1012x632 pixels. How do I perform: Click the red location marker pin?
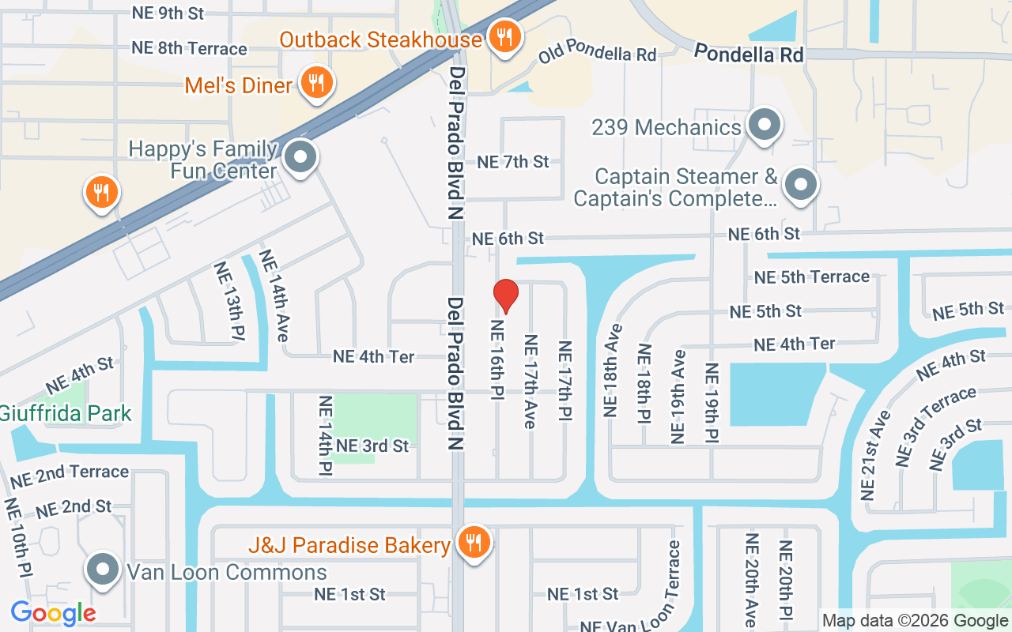tap(506, 295)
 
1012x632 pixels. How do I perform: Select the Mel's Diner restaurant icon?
tap(316, 83)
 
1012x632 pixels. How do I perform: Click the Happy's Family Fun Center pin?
tap(300, 157)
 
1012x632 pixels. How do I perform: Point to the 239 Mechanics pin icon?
tap(764, 125)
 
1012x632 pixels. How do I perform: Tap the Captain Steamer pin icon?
tap(800, 185)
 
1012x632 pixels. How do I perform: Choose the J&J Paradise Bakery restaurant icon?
tap(474, 543)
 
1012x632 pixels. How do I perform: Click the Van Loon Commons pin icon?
tap(103, 570)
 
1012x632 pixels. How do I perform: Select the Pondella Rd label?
tap(749, 54)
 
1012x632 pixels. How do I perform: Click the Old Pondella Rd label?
tap(598, 55)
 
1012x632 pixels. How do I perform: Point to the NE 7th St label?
tap(513, 162)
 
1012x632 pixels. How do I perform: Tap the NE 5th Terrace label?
tap(811, 277)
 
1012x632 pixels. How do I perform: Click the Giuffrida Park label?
tap(65, 413)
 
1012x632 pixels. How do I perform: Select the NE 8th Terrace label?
tap(189, 48)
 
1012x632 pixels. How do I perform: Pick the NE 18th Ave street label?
tap(613, 370)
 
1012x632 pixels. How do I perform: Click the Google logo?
tap(53, 612)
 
